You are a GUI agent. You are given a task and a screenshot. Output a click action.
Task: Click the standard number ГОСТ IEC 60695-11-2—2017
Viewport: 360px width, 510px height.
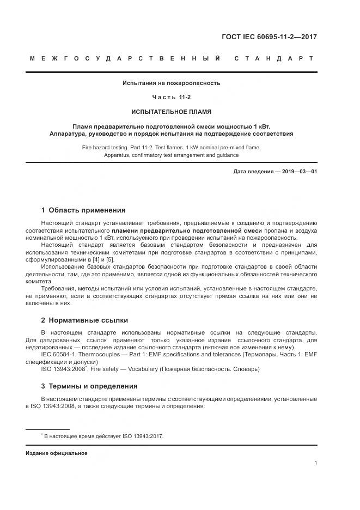269,37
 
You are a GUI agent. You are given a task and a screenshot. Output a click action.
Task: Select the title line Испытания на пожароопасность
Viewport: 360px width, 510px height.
171,83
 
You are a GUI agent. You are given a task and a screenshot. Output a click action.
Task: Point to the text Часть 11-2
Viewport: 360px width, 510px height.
171,98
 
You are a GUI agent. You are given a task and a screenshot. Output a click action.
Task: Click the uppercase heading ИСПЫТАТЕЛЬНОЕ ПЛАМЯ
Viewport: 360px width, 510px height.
171,111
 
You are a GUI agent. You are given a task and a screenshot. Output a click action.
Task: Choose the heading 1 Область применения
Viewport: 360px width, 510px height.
83,210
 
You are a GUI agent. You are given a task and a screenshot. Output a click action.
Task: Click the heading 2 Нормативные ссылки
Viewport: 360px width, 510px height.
84,320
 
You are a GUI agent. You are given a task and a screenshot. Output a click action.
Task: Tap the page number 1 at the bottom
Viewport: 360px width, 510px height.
316,463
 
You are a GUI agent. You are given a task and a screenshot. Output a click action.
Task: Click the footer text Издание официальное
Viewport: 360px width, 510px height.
56,453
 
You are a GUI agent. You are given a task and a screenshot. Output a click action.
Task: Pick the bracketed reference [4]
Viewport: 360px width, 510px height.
102,260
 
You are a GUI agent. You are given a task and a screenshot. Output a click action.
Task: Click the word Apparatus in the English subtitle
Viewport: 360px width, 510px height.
120,155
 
